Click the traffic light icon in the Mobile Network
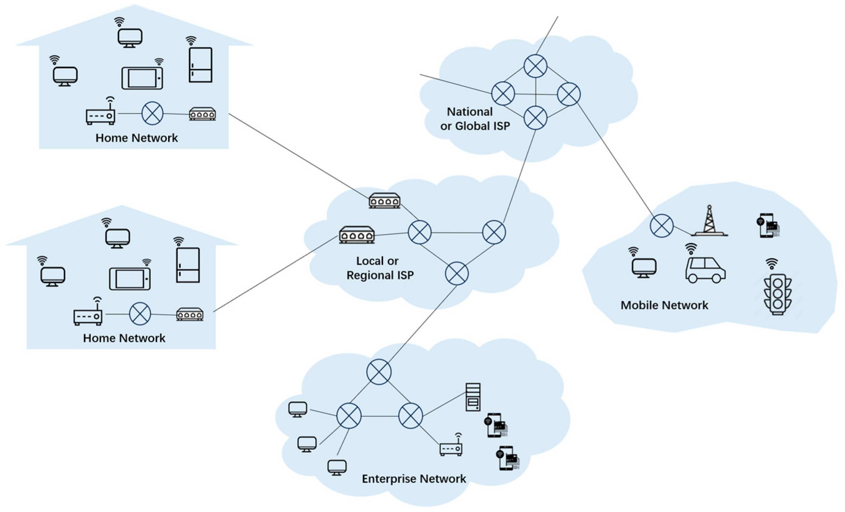[777, 294]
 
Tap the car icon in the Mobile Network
[705, 270]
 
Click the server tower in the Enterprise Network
[473, 397]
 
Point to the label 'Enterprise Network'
[414, 479]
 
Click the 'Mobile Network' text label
[664, 305]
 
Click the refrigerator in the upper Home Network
[201, 65]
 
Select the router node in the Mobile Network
[661, 226]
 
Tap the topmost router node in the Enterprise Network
[379, 372]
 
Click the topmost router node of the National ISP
[535, 66]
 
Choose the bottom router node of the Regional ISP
[457, 274]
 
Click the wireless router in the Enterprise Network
[451, 448]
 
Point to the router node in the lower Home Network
[140, 314]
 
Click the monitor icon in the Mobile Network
[644, 268]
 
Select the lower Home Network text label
[124, 338]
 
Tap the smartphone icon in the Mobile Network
[768, 226]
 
